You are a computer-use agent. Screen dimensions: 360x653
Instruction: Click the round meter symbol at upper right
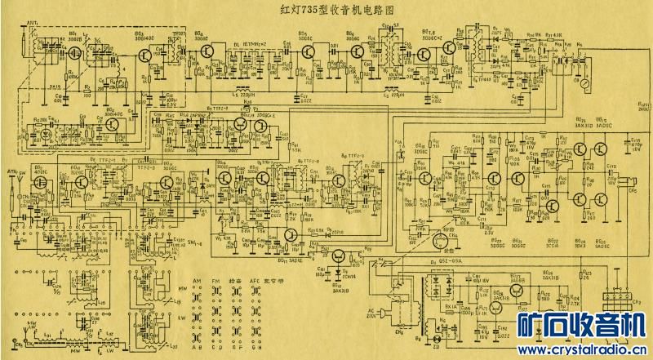pyautogui.click(x=584, y=83)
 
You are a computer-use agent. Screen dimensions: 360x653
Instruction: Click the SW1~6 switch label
pyautogui.click(x=197, y=243)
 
